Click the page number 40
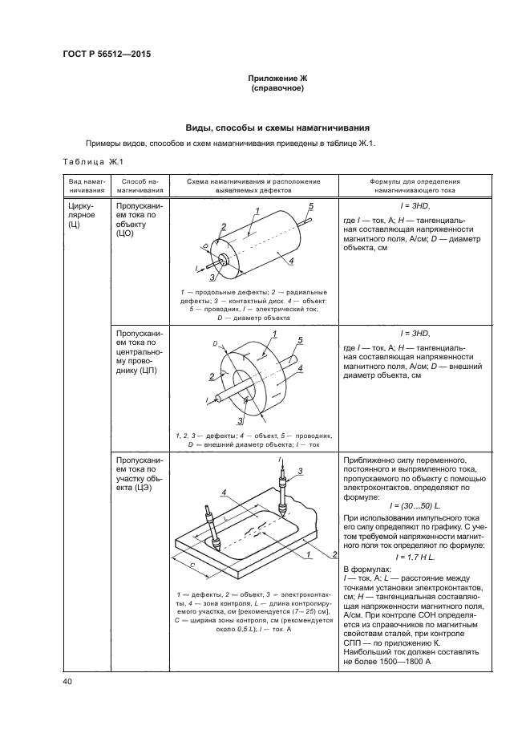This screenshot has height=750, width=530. click(68, 682)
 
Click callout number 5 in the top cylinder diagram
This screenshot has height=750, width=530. click(310, 206)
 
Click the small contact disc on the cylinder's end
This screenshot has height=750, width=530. click(224, 259)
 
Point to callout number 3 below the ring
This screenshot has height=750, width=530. click(239, 420)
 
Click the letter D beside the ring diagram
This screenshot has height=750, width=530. click(214, 343)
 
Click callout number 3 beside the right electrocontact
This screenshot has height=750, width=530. click(299, 470)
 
